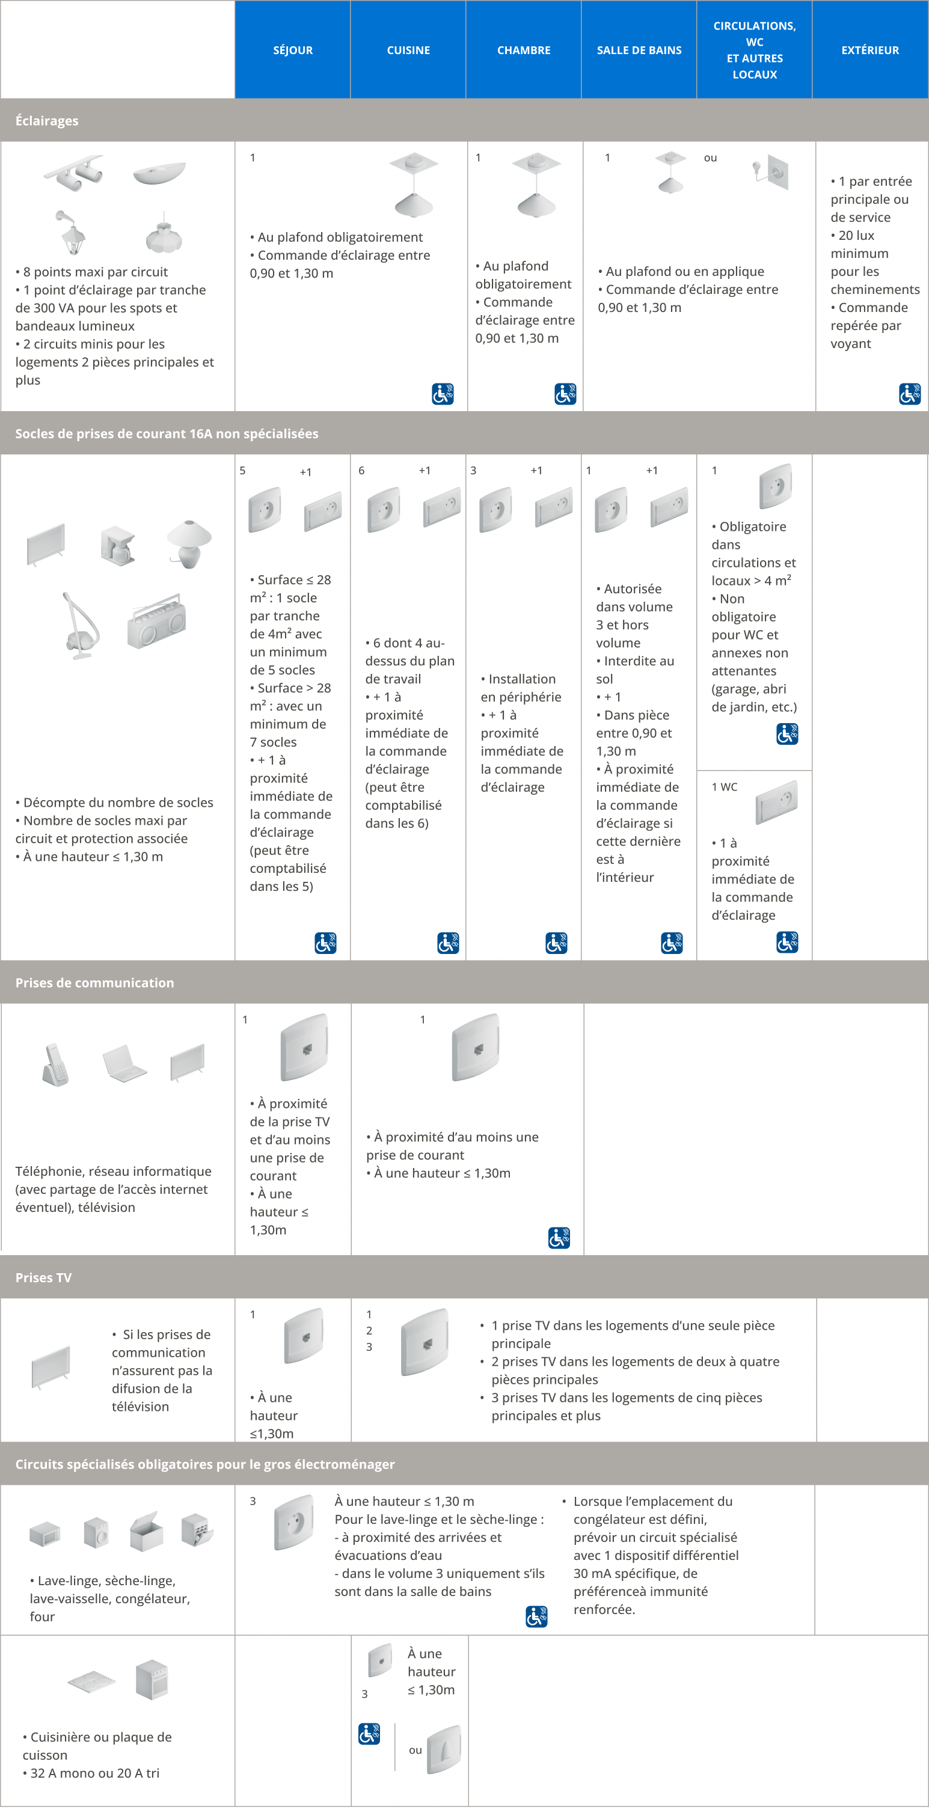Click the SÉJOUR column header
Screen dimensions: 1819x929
[x=292, y=50]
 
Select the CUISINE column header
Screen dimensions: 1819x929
[x=408, y=50]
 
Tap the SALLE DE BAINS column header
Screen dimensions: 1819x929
[x=639, y=50]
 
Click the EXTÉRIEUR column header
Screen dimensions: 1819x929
[x=869, y=50]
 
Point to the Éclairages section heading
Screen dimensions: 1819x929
[x=48, y=121]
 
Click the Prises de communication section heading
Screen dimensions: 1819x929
[x=94, y=982]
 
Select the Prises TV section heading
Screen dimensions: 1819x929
[x=44, y=1277]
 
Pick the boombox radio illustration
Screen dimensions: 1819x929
[x=156, y=621]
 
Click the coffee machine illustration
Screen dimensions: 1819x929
[x=117, y=545]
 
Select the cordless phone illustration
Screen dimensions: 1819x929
[x=56, y=1064]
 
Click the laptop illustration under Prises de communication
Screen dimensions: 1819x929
[x=124, y=1062]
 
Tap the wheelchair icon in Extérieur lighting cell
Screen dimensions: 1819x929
[x=909, y=393]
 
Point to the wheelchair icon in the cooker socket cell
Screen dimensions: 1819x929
[x=369, y=1733]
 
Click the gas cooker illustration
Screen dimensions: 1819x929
[x=152, y=1679]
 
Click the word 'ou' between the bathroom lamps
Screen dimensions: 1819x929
[x=710, y=158]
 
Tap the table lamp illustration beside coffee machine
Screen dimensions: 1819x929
[x=189, y=543]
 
